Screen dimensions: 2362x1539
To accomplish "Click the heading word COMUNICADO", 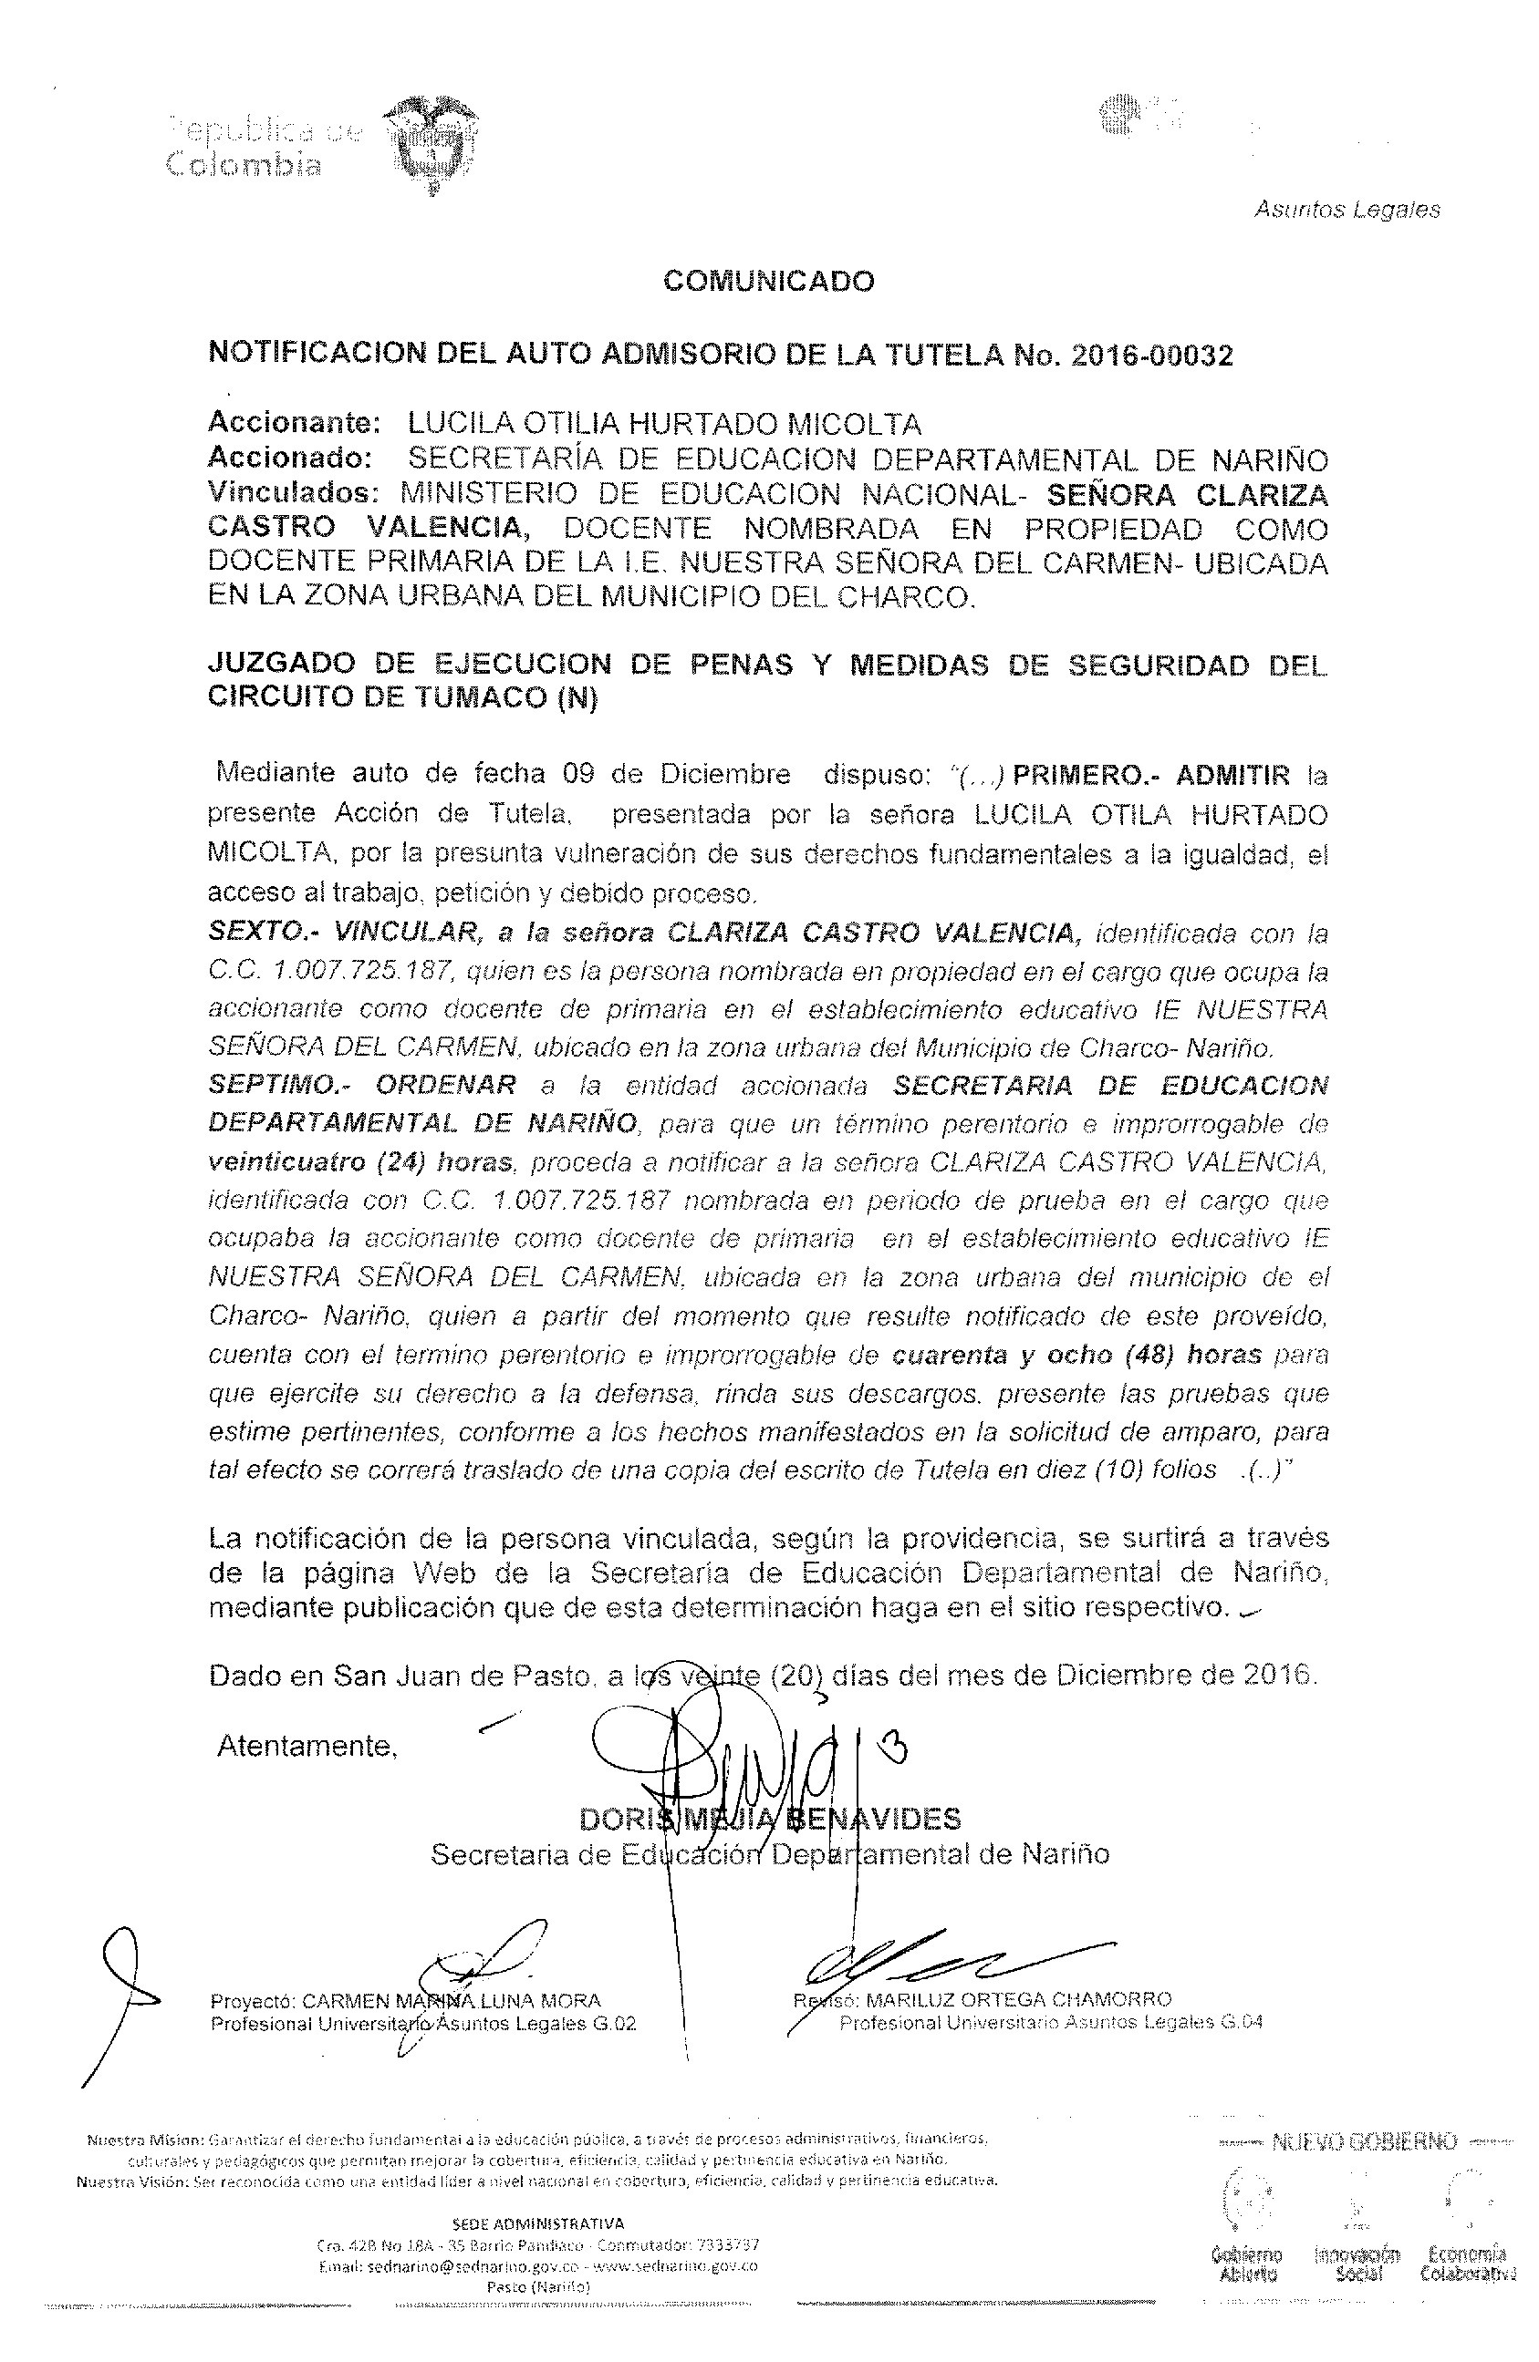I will pos(768,282).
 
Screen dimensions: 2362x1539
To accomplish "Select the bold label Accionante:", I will pos(294,424).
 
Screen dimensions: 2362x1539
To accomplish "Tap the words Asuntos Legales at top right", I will pos(1347,210).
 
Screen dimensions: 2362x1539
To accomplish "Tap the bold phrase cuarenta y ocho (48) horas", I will pos(1077,1354).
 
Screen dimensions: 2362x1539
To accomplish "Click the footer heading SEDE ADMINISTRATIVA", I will pos(538,2224).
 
